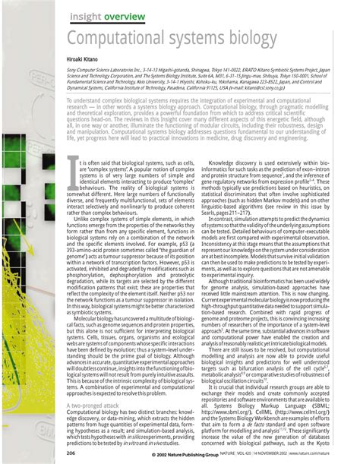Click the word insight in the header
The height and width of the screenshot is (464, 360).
point(87,16)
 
